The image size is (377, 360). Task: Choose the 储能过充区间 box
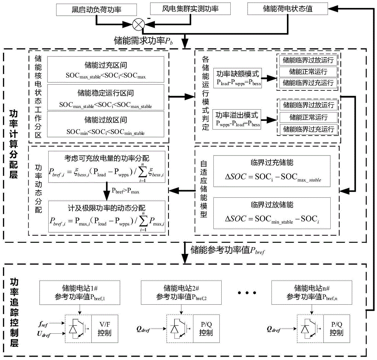106,70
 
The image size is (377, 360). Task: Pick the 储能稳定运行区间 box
106,97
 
